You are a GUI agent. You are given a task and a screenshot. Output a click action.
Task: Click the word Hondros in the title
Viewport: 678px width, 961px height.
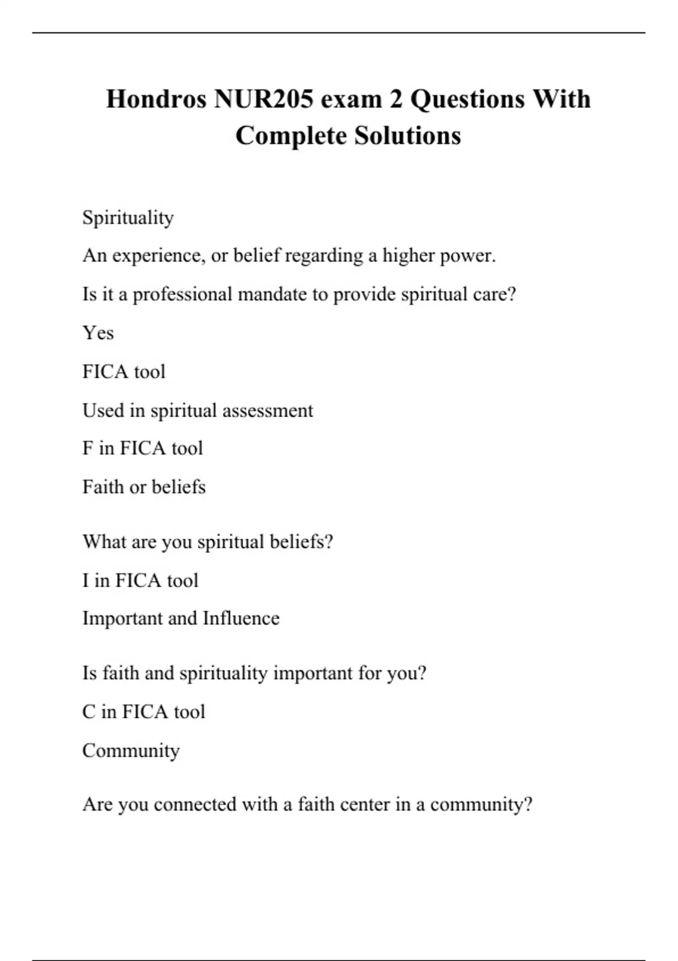(156, 99)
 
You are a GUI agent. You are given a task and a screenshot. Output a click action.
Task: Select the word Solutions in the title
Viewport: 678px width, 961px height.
(407, 136)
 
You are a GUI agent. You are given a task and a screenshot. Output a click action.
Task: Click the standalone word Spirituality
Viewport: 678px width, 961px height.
(128, 218)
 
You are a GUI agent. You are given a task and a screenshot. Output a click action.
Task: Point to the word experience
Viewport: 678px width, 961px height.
(156, 256)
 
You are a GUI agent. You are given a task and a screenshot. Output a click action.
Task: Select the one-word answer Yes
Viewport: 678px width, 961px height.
(98, 333)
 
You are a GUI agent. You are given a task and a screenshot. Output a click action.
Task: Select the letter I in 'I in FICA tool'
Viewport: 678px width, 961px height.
(86, 581)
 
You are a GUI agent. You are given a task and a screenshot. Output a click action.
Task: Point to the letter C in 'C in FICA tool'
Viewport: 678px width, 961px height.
(89, 712)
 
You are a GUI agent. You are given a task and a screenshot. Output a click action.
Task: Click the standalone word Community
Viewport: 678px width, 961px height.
(131, 751)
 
